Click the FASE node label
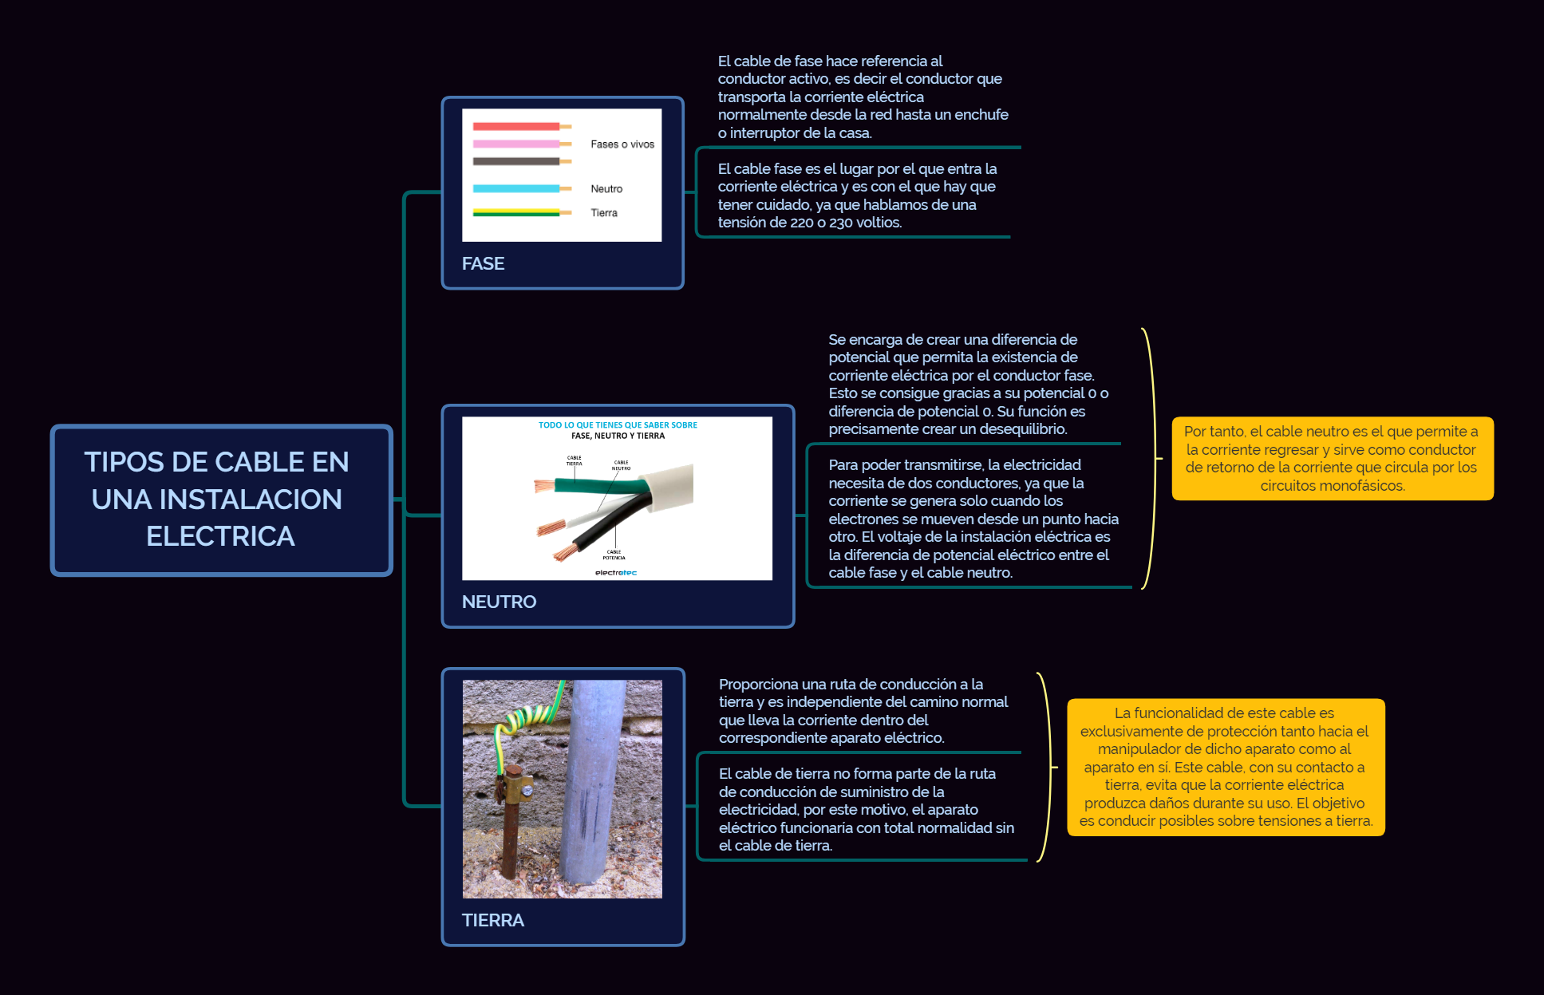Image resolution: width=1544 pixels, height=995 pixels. tap(483, 263)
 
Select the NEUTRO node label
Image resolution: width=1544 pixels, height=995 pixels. tap(499, 602)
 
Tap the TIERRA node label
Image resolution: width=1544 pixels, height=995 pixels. tap(492, 920)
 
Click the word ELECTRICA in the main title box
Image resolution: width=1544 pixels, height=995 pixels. tap(220, 536)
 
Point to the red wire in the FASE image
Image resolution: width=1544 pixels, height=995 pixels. tap(515, 126)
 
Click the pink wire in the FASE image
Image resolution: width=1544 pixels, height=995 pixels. tap(515, 144)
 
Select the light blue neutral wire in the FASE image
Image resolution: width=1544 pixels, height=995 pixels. tap(515, 189)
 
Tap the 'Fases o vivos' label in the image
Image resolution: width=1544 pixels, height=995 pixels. tap(622, 144)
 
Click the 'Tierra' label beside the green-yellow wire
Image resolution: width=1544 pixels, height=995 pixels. tap(604, 213)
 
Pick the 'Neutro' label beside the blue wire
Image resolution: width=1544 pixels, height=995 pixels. tap(606, 189)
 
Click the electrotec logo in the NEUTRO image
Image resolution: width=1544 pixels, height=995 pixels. tap(616, 572)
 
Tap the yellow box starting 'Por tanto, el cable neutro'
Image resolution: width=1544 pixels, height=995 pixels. tap(1332, 458)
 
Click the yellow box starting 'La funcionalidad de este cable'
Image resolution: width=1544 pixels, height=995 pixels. tap(1226, 767)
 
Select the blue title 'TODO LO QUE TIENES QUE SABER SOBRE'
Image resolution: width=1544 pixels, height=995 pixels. tap(618, 425)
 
